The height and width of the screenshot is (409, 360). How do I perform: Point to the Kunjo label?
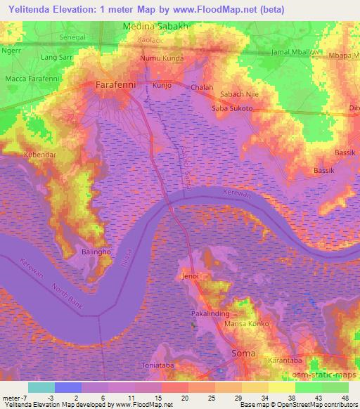pos(162,85)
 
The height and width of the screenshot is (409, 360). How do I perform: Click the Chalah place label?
pos(202,87)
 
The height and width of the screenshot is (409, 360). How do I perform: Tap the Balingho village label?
pos(87,251)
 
